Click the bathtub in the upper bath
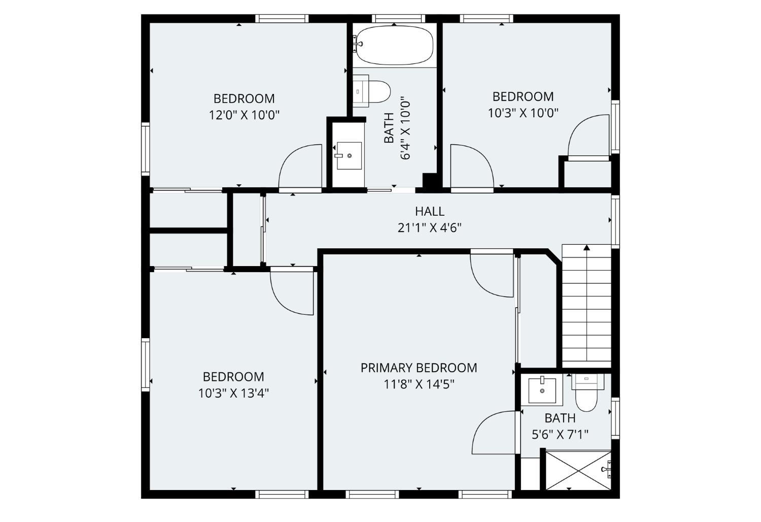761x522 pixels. coord(394,45)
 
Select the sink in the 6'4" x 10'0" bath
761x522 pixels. coord(349,155)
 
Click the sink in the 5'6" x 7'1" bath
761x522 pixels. coord(542,390)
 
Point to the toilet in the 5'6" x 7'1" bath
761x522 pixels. coord(587,391)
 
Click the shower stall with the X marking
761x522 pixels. coord(577,470)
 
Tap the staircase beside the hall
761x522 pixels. coord(586,305)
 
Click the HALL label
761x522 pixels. coord(429,211)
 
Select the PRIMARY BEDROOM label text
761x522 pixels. coord(419,368)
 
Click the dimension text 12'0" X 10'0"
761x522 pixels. coord(244,115)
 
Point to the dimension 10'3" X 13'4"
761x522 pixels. coord(233,393)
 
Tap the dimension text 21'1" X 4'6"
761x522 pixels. coord(429,227)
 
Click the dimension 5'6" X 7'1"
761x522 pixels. coord(560,435)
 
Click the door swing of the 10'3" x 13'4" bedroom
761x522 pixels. coord(292,292)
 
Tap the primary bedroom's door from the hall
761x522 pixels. coord(492,275)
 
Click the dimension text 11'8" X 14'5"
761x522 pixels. coord(419,384)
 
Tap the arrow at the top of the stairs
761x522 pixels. coord(586,248)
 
